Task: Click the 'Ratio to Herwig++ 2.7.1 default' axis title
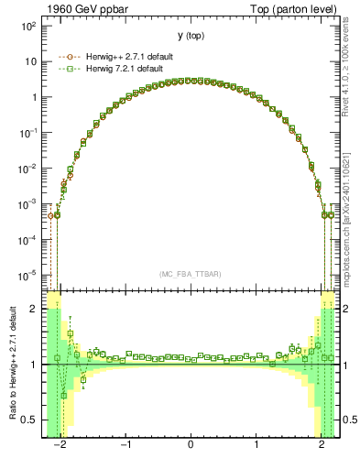pyautogui.click(x=10, y=366)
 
